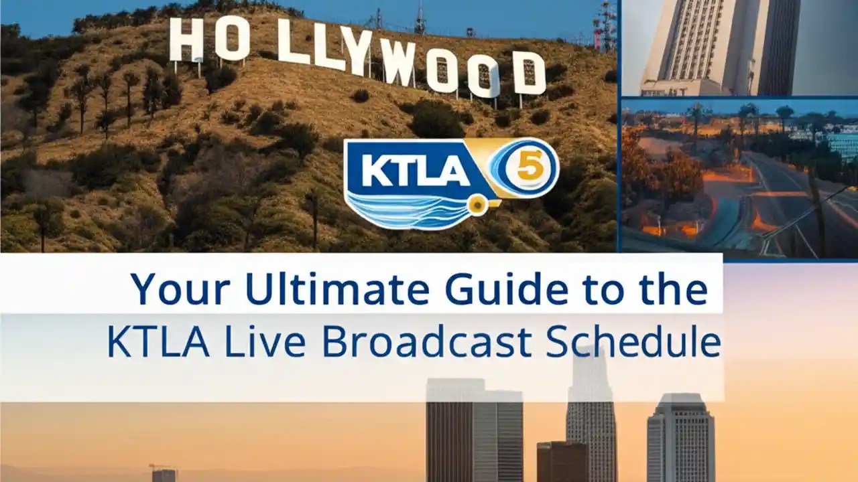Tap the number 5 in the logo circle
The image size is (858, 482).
click(x=529, y=167)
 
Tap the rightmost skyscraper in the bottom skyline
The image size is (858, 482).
click(x=680, y=438)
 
